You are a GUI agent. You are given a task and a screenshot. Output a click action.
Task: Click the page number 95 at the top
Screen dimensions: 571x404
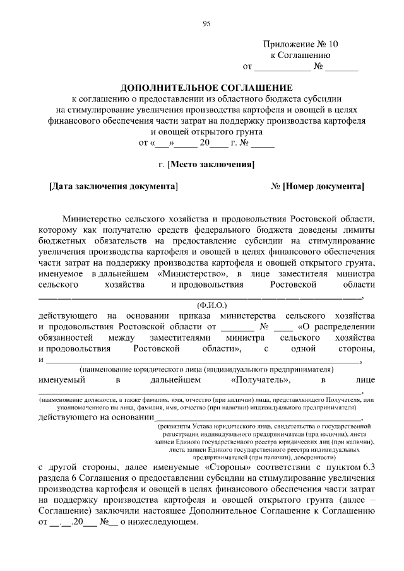[x=206, y=24]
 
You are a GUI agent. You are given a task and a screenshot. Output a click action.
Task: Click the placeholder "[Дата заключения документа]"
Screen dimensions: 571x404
[x=113, y=187]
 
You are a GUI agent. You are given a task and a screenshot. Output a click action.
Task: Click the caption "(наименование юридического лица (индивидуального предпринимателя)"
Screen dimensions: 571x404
[x=206, y=369]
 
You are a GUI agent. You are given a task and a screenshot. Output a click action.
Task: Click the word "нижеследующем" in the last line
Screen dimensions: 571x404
[x=163, y=523]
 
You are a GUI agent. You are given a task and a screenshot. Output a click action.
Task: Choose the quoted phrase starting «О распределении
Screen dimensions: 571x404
[x=335, y=327]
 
